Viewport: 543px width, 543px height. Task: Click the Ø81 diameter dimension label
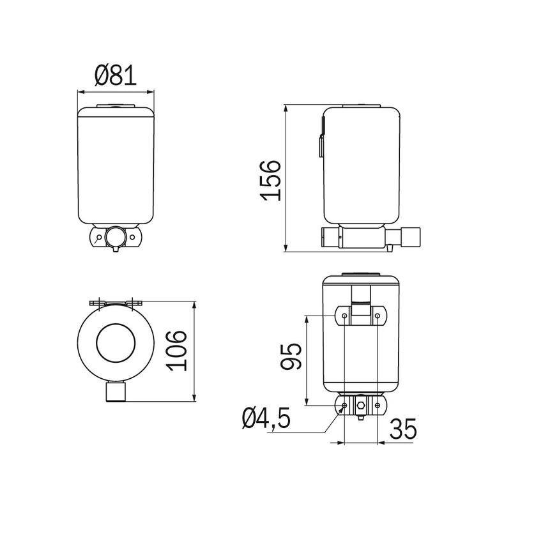click(116, 76)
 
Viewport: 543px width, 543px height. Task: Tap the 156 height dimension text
click(270, 180)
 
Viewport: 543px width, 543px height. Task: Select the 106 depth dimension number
click(177, 350)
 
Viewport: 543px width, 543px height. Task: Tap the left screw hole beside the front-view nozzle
click(98, 237)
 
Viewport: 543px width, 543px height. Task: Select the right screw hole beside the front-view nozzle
click(133, 237)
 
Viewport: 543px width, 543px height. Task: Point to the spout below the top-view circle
click(116, 392)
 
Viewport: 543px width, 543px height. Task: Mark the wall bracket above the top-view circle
click(116, 302)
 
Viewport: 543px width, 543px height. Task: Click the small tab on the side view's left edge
click(321, 146)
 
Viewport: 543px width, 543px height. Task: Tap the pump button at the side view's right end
click(409, 238)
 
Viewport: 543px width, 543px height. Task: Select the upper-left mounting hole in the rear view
click(344, 316)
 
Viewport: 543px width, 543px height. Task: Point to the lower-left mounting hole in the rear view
click(344, 405)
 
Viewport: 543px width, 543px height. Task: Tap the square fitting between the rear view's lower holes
click(361, 406)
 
